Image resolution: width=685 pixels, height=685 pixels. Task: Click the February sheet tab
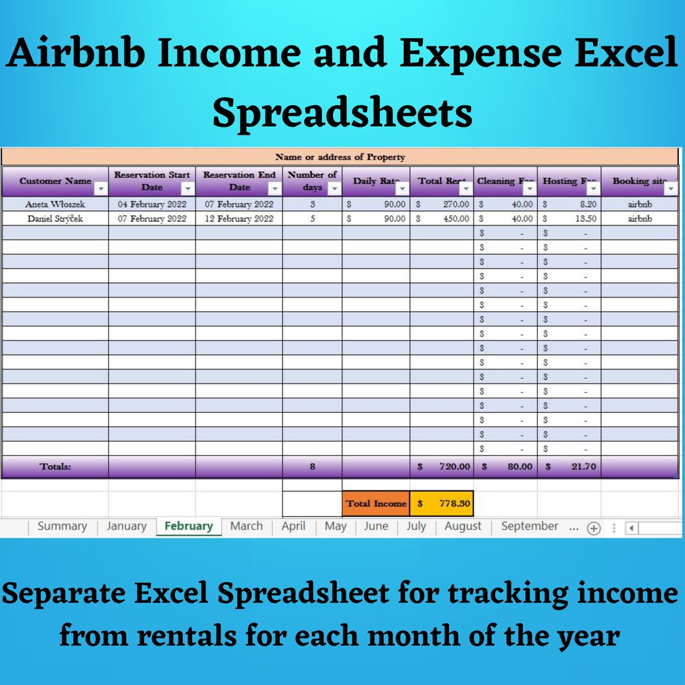point(188,526)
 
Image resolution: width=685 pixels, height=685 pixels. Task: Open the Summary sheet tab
point(62,526)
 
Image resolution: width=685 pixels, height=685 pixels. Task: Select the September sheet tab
point(529,526)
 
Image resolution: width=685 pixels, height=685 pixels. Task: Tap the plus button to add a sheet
point(594,528)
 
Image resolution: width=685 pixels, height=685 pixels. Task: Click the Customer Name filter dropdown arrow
point(101,189)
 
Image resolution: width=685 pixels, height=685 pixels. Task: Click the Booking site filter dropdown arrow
point(671,189)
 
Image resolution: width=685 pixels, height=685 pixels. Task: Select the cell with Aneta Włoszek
point(55,204)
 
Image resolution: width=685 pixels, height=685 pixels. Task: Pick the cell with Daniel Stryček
point(55,219)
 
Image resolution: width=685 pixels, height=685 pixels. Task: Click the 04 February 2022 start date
point(152,204)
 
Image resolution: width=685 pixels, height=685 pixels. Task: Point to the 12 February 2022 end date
point(239,219)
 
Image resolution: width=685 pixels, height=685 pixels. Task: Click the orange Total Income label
point(376,504)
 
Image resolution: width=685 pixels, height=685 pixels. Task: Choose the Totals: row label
point(55,466)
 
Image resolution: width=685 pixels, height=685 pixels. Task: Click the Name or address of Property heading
point(340,157)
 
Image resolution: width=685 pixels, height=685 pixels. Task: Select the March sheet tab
point(246,526)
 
